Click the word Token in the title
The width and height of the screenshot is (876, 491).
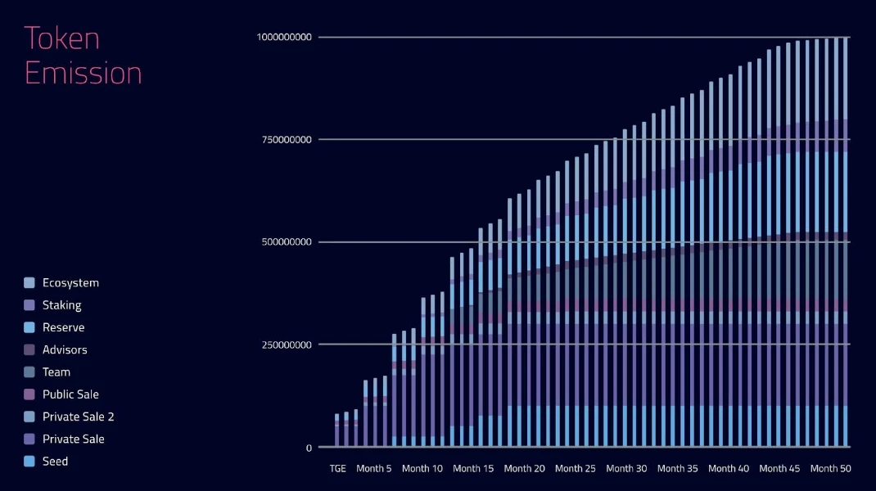(61, 38)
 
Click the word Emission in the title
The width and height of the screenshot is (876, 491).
(83, 73)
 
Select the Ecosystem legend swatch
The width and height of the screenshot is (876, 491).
(29, 283)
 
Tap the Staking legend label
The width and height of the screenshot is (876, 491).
(61, 305)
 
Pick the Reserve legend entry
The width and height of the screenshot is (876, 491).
(63, 327)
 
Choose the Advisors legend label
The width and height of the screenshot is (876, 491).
(65, 349)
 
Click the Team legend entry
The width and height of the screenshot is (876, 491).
(56, 372)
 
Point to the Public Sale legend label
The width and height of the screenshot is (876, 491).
(70, 394)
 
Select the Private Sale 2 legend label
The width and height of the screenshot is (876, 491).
(78, 417)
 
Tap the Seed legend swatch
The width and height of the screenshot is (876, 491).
(29, 462)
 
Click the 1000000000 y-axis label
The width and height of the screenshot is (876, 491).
(285, 37)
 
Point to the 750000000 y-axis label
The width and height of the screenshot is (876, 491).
(287, 140)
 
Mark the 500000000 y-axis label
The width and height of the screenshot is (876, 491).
(287, 242)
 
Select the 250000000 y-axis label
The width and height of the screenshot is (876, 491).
(287, 345)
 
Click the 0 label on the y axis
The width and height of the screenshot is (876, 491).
(309, 448)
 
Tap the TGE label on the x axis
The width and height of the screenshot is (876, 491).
(337, 469)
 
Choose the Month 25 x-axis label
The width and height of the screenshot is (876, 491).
(575, 469)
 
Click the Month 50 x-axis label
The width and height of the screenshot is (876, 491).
(831, 469)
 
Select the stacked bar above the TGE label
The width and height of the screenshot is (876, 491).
(336, 430)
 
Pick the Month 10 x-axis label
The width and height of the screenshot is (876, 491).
(422, 469)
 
